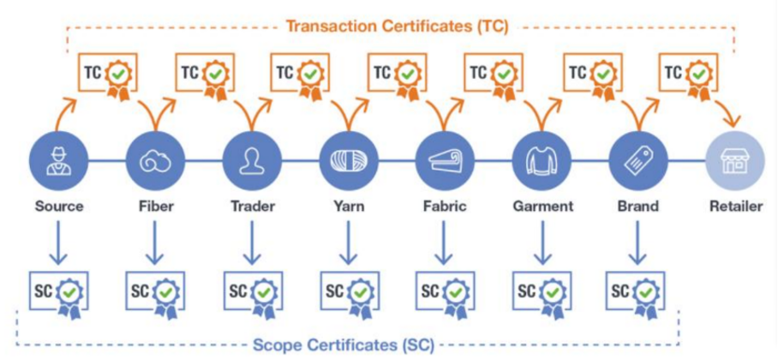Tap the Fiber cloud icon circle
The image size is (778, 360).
155,159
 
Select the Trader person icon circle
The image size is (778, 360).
251,159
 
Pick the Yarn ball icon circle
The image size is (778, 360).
348,159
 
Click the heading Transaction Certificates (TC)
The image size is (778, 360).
397,26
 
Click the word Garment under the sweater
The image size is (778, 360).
542,207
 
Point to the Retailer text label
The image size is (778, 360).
735,207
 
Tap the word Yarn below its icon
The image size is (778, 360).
348,207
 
